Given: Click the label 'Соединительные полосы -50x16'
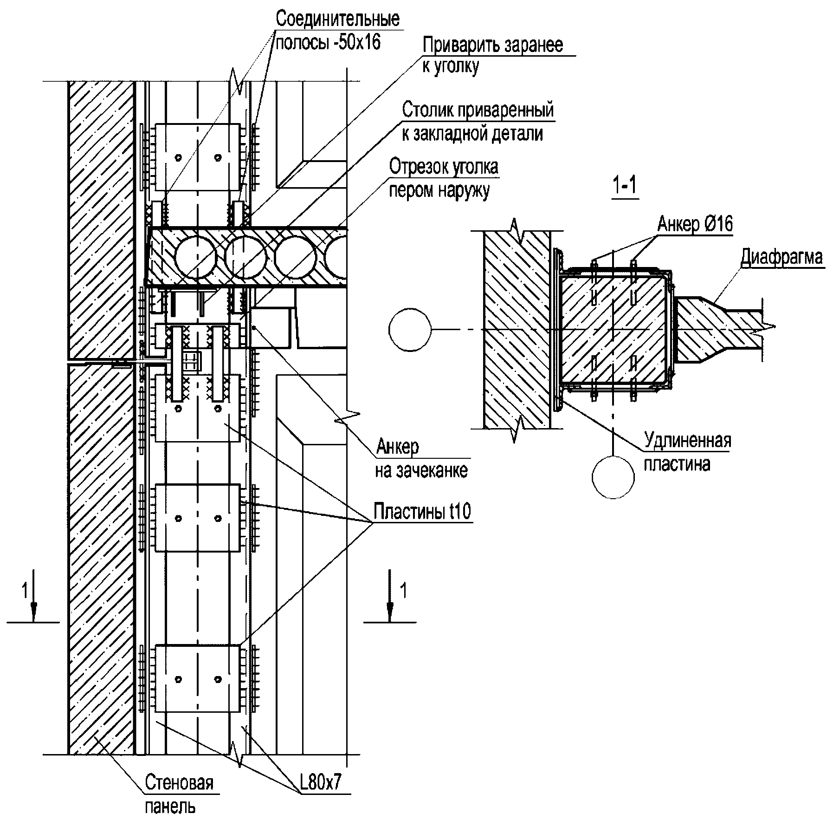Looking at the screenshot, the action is click(x=337, y=31).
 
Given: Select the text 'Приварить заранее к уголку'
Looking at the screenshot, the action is click(x=492, y=55).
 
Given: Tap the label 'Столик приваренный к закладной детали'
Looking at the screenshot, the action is click(x=478, y=122).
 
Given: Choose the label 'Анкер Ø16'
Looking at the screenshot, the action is click(x=694, y=225).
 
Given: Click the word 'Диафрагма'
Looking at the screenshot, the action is click(x=781, y=257).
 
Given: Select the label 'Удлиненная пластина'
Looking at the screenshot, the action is click(x=687, y=452).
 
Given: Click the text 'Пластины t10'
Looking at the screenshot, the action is click(x=422, y=511).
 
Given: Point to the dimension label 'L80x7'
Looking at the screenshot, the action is click(x=320, y=783).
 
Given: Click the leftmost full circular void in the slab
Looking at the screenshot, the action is click(x=195, y=257).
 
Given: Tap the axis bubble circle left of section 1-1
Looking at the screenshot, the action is click(x=410, y=330).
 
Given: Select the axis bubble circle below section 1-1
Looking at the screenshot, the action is click(x=613, y=477).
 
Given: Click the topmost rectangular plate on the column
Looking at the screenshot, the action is click(x=198, y=157).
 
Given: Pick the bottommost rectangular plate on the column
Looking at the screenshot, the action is click(x=198, y=678).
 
